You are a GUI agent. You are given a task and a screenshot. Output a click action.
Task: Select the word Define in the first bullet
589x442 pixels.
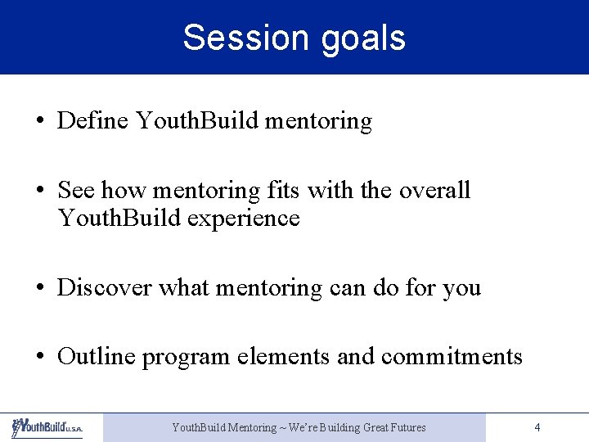93,121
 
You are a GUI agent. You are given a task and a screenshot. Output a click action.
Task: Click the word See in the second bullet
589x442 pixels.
76,190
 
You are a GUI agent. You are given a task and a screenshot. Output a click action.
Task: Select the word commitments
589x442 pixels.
452,356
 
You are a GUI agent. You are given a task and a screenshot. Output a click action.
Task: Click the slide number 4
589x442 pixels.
537,427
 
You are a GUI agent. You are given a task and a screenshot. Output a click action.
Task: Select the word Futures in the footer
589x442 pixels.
406,427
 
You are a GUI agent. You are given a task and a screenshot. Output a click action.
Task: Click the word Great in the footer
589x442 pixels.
367,427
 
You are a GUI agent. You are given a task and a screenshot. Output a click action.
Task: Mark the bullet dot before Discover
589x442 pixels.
40,288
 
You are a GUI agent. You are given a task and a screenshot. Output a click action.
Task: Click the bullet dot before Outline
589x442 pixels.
40,357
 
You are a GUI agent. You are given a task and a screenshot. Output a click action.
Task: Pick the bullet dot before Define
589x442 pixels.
40,122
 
